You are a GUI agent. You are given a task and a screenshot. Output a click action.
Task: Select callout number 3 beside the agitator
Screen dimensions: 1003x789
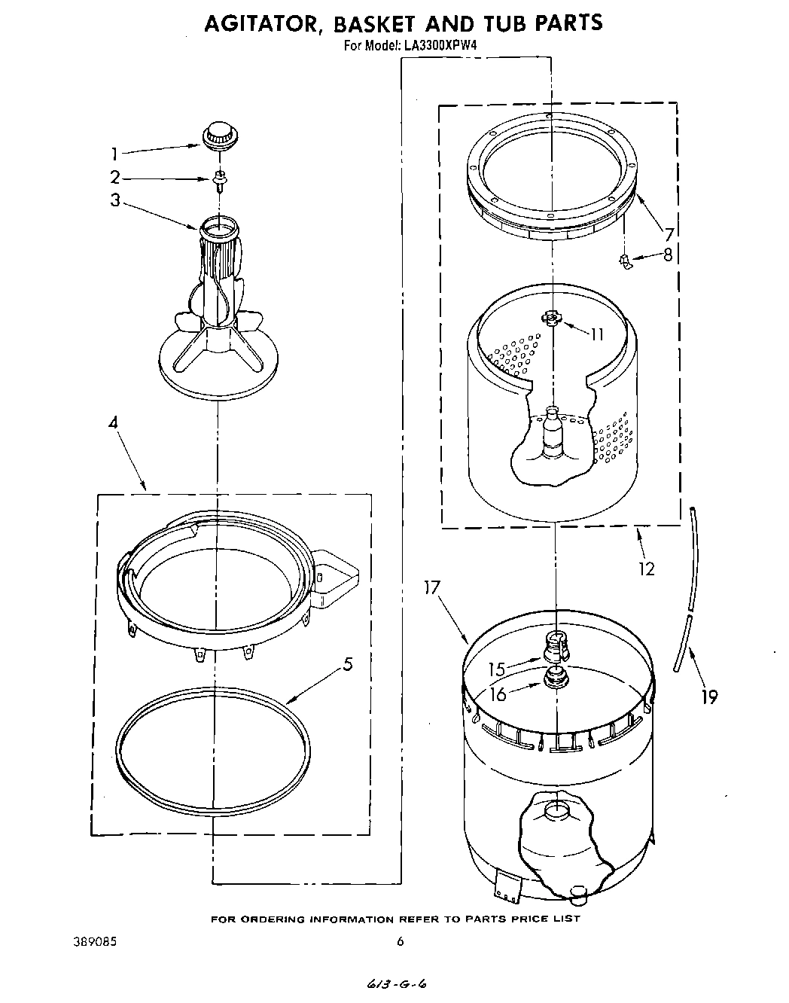114,201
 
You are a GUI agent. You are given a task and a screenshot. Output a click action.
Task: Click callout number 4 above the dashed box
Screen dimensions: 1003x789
113,423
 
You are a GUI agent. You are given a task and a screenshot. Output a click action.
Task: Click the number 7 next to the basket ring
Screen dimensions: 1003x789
668,233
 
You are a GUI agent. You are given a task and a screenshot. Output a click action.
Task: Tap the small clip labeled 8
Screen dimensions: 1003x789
624,261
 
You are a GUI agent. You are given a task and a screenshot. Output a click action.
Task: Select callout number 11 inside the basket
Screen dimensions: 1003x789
596,334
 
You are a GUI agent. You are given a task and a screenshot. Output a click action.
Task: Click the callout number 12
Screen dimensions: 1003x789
646,569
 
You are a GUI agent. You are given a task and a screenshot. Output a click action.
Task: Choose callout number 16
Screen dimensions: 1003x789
498,693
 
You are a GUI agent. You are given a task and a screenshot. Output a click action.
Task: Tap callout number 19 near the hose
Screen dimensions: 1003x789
708,697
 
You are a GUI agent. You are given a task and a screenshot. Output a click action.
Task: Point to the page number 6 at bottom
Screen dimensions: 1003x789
401,941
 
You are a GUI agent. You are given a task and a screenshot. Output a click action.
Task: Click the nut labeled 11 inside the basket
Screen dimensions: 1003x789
553,319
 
